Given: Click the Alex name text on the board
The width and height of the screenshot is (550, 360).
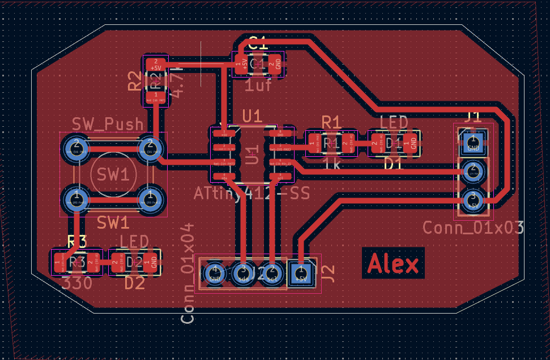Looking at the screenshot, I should pos(394,264).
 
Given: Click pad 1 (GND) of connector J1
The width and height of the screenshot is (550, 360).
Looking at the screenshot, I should pos(473,142).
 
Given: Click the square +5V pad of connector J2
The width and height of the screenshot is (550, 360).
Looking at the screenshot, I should pos(300,273).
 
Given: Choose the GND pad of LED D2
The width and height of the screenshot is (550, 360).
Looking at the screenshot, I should pos(153,262).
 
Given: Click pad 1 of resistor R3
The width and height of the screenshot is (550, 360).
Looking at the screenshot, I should pos(59,263).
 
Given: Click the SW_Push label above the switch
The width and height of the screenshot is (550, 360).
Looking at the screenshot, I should pos(108,124).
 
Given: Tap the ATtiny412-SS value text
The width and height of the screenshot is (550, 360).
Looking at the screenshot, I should pos(251,194).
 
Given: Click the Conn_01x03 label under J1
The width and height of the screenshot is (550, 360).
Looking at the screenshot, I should pos(473,228).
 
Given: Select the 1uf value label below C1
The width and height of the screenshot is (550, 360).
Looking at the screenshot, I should pos(258,85).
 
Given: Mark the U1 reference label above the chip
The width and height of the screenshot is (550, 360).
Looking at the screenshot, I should pos(252,117).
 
